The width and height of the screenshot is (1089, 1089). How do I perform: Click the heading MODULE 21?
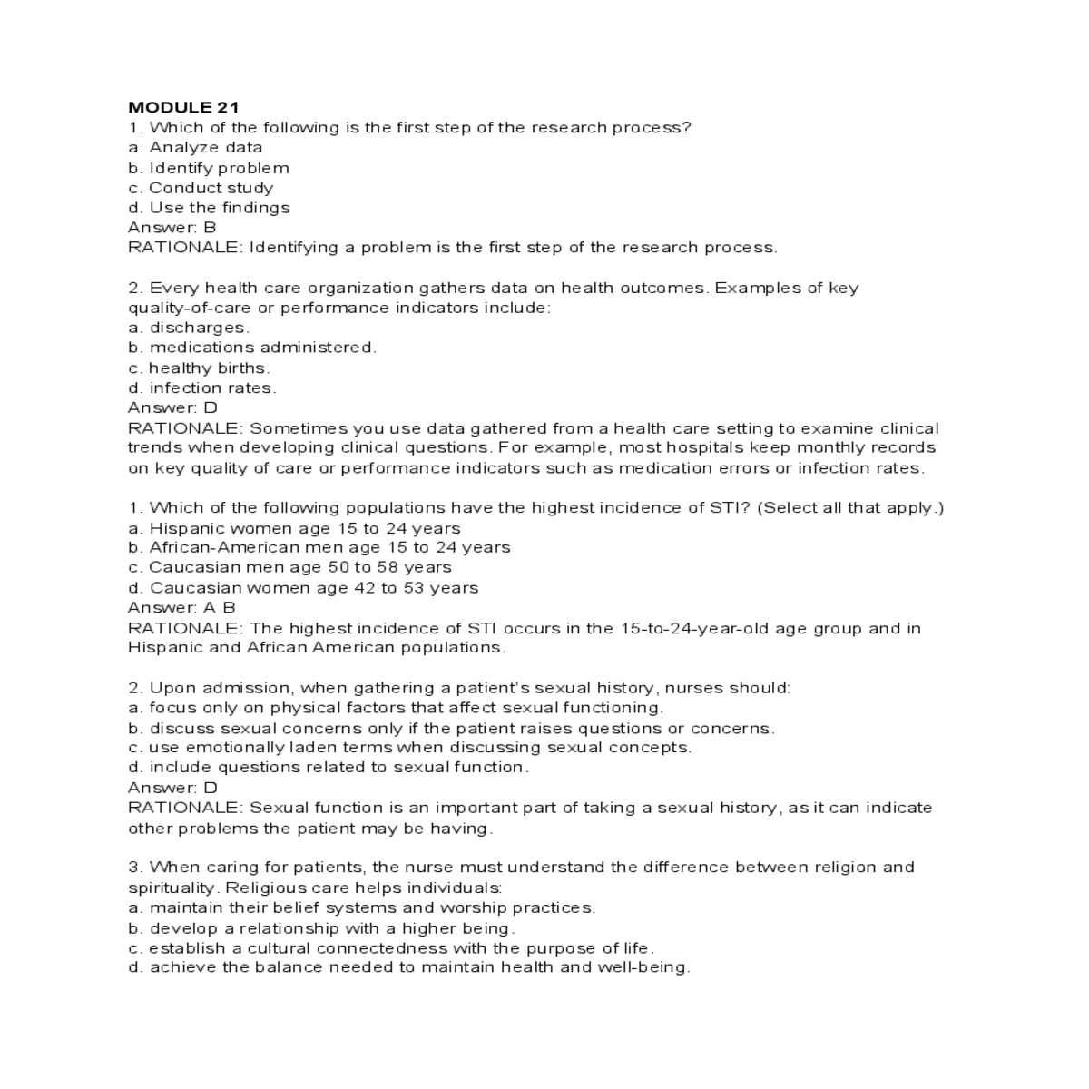tap(183, 107)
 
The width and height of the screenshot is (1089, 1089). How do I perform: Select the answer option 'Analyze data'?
tap(195, 147)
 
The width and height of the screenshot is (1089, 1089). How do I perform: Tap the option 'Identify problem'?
tap(209, 168)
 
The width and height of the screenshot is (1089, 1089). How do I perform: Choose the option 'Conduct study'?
tap(201, 188)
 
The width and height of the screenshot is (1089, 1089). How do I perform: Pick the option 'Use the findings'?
tap(209, 208)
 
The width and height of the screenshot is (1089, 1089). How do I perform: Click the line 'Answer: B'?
tap(172, 228)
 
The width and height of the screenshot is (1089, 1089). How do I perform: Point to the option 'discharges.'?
tap(189, 328)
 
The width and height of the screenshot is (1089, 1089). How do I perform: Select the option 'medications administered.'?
tap(252, 348)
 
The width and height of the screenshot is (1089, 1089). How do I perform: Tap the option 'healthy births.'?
tap(200, 368)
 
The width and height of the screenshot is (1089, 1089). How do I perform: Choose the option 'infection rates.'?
tap(202, 388)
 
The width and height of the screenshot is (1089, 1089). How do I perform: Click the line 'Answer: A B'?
tap(181, 608)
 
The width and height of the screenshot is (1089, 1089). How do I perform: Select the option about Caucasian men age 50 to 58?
tap(290, 567)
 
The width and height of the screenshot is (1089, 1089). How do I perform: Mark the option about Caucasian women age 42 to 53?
tap(304, 588)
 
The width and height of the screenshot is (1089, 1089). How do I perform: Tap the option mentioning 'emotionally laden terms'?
tap(410, 748)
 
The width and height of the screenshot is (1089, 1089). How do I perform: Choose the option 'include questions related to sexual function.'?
tap(329, 768)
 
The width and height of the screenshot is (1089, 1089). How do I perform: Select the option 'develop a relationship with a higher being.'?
tap(322, 928)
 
